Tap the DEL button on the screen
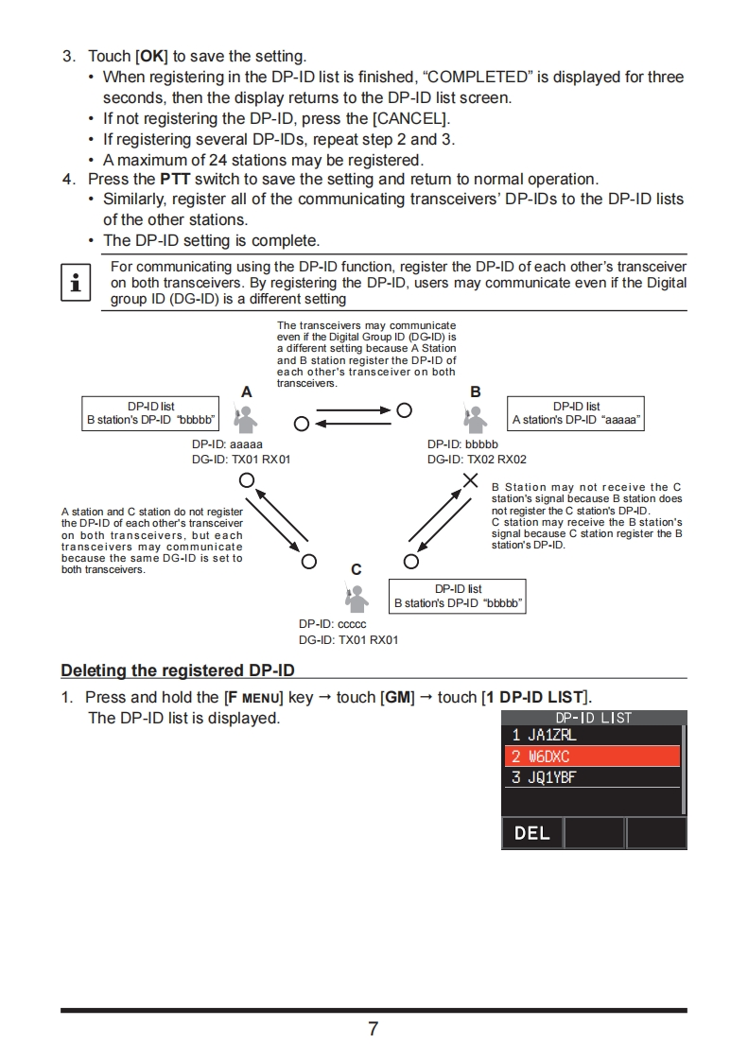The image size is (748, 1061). pos(532,833)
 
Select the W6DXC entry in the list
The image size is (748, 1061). pos(591,757)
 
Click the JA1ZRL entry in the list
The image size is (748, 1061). pos(591,735)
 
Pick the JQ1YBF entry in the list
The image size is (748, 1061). pos(591,777)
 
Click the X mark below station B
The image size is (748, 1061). pos(470,480)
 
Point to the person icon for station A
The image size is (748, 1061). pos(246,417)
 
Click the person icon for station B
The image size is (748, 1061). pos(477,417)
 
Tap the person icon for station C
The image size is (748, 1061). pos(357,597)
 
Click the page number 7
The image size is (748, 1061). pos(374,1029)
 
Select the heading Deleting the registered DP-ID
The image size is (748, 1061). pos(178,670)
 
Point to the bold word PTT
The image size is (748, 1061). pos(176,179)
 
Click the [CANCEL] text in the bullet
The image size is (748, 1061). pos(410,118)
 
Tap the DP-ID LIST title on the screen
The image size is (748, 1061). pos(593,718)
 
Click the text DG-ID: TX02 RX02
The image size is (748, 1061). pos(477,460)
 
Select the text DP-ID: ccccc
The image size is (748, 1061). pos(332,624)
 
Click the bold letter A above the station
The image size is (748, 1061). pos(247,391)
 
